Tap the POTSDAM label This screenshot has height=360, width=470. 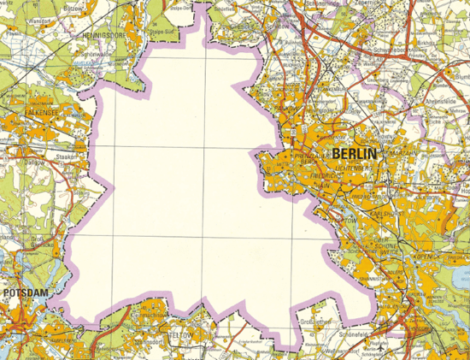(23, 293)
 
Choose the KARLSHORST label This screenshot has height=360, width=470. (388, 212)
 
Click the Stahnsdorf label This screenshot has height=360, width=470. (127, 342)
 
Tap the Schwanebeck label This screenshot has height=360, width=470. (394, 49)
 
